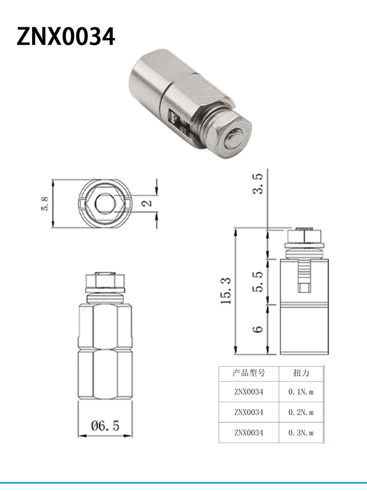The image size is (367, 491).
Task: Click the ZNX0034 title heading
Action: coord(66,37)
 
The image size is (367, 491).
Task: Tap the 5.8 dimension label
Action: coord(45,203)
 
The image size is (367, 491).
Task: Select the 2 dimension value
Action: coord(147,203)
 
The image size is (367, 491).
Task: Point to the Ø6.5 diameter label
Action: coord(105,426)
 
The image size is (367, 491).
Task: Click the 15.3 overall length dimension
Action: coord(226,291)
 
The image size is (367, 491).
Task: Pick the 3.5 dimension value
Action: coord(258,184)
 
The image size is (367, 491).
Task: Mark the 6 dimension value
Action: coord(258,329)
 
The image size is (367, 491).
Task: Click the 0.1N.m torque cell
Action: coord(301,392)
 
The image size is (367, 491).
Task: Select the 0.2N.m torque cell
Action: coord(301,412)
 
